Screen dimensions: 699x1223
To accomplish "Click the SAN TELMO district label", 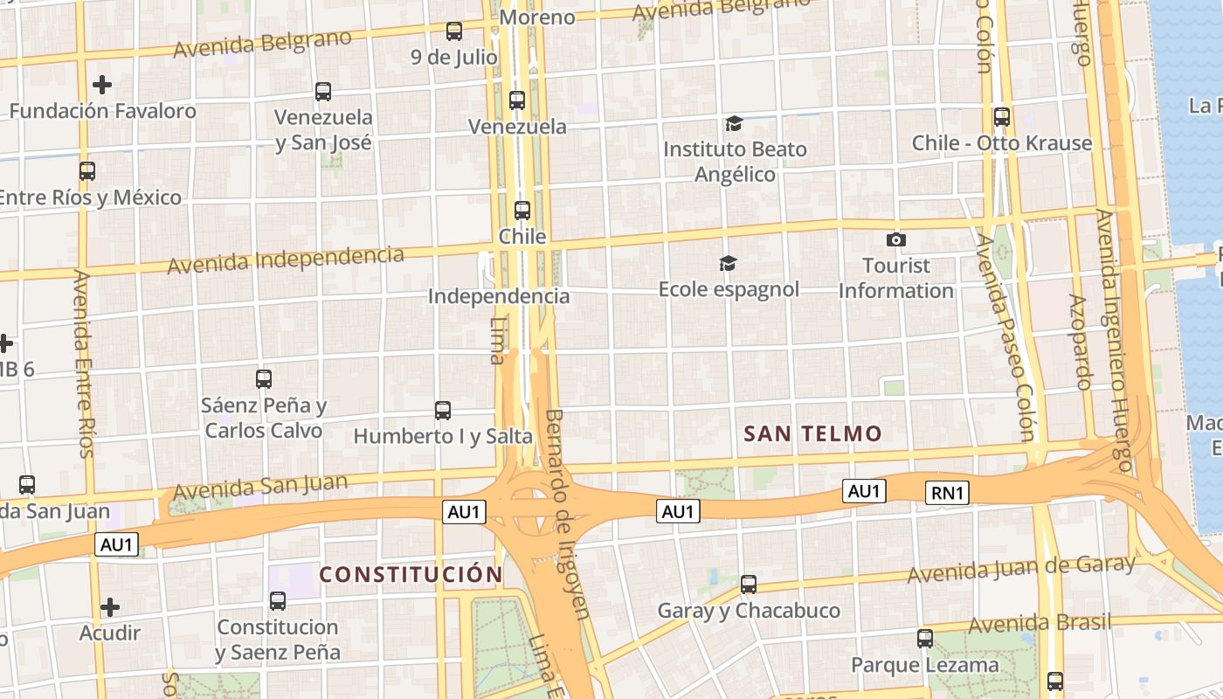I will (x=812, y=433).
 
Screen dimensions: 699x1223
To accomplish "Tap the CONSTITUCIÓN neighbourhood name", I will (x=411, y=574).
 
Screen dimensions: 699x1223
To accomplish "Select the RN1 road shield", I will (x=947, y=493).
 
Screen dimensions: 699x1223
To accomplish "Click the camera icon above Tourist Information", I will (x=896, y=239).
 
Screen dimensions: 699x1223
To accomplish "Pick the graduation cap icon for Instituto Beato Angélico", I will (x=733, y=123).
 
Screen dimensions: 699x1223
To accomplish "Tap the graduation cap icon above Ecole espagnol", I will (x=728, y=263).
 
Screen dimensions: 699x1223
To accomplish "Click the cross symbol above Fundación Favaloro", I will (x=102, y=85).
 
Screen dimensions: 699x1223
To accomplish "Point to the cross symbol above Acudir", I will (x=110, y=606).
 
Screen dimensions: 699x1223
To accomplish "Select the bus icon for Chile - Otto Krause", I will (x=1002, y=116).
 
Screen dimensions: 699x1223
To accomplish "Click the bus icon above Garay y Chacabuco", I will (x=749, y=584).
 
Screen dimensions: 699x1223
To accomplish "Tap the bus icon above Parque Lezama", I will (x=925, y=639).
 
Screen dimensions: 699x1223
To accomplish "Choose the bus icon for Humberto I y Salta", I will (x=443, y=410).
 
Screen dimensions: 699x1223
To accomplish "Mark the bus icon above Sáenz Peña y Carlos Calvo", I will (x=264, y=379).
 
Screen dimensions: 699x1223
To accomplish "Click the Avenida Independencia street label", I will (x=286, y=260).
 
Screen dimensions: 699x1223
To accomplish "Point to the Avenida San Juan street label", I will (x=260, y=488).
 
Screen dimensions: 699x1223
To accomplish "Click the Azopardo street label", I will (x=1081, y=341).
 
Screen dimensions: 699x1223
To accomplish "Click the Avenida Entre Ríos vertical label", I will (x=83, y=363).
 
